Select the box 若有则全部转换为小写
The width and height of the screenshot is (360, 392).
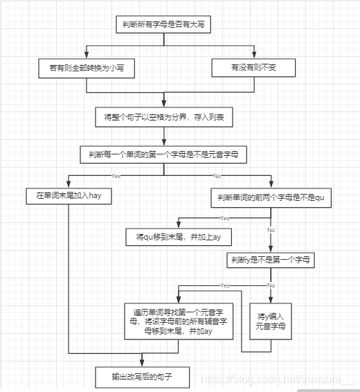[87, 67]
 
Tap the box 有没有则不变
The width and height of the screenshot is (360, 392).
[253, 67]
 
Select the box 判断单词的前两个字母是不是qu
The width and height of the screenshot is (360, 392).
[271, 198]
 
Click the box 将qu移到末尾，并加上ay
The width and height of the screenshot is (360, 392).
[178, 237]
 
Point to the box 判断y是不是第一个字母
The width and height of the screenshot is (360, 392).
[271, 260]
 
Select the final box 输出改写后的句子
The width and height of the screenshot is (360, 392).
[141, 377]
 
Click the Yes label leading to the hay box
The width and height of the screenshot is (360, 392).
[116, 175]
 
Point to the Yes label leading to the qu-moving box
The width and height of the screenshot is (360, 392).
[224, 217]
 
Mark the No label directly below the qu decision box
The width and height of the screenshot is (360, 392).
[271, 229]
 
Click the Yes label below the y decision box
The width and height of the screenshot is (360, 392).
[224, 285]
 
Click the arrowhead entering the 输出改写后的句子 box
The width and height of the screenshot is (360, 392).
[141, 364]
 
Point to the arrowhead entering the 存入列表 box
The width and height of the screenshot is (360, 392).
[163, 105]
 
